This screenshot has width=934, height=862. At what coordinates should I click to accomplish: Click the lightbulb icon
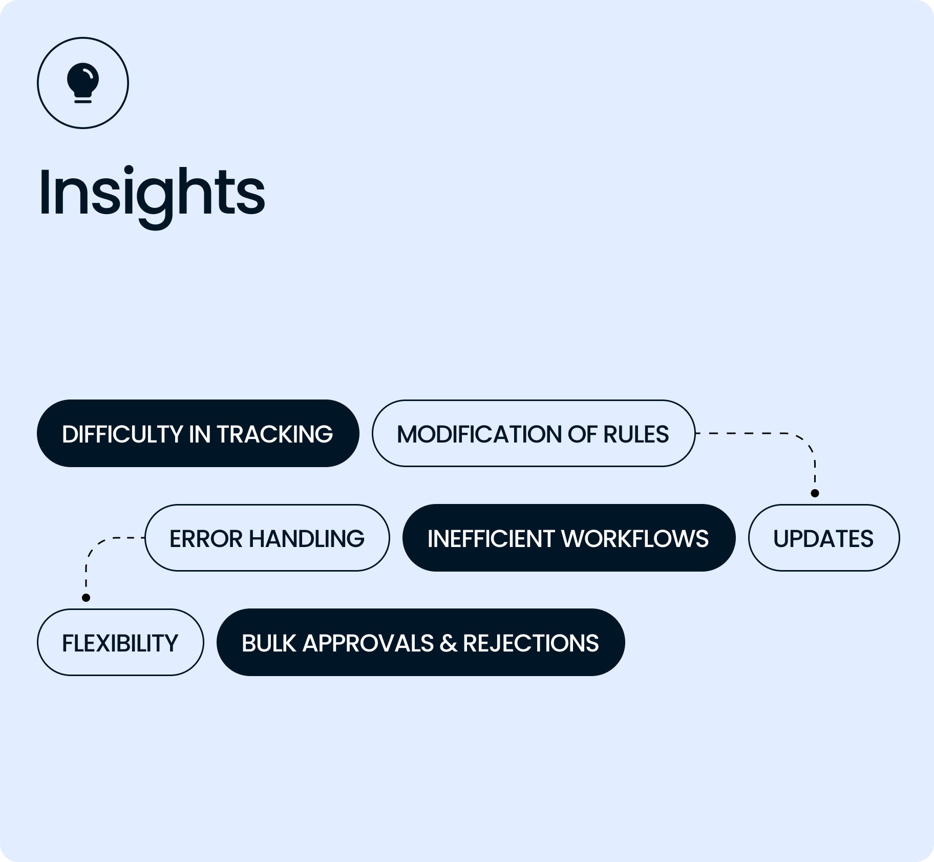point(83,82)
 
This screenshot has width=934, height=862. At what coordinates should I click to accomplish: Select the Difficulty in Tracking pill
point(198,433)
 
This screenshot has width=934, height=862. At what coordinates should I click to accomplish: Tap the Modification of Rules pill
point(533,433)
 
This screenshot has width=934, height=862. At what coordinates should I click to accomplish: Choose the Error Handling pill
point(267,538)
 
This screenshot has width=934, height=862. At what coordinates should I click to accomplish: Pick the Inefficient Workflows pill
point(568,538)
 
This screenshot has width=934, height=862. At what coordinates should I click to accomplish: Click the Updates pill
point(823,538)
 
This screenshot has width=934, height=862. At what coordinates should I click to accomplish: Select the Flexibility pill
point(120,642)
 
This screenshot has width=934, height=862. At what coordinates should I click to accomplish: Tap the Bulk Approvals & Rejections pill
point(420,642)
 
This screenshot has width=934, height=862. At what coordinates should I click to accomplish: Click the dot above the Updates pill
point(815,493)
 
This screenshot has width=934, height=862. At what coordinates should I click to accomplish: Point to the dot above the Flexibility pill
point(86,598)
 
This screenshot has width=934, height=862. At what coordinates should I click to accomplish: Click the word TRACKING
point(274,434)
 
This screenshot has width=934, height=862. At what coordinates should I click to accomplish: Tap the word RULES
point(636,434)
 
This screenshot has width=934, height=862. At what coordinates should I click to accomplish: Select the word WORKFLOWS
point(635,539)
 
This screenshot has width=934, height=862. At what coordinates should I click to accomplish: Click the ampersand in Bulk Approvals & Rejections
point(448,643)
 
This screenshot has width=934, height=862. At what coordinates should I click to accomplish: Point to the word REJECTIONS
point(530,643)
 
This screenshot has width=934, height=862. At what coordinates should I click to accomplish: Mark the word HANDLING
point(307,539)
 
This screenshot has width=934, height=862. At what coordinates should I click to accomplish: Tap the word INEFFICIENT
point(491,539)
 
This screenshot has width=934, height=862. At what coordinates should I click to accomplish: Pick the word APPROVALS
point(368,643)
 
